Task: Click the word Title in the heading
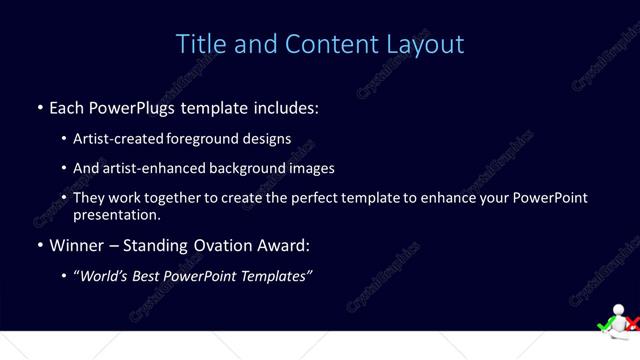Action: click(199, 44)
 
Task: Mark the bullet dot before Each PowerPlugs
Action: click(40, 107)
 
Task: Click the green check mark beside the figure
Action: click(604, 324)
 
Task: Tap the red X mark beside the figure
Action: click(633, 324)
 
